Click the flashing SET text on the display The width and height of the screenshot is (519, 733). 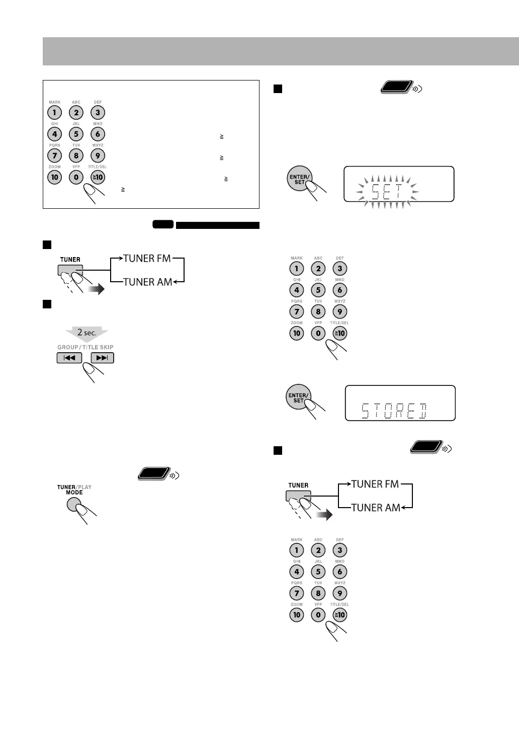tap(386, 192)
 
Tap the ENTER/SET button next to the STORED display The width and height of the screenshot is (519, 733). tap(298, 398)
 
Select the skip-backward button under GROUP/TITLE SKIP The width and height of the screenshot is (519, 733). tap(69, 358)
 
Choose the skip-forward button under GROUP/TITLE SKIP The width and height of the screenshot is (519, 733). tap(102, 358)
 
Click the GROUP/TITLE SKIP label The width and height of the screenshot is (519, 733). tap(85, 347)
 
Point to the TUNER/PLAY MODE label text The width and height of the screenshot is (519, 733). tap(74, 490)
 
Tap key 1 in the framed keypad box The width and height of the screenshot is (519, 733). tap(54, 112)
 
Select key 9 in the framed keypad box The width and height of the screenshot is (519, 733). tap(98, 155)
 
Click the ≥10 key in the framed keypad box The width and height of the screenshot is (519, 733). tap(98, 177)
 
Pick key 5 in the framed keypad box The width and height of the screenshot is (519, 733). tap(76, 134)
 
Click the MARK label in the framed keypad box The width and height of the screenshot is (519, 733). tap(54, 102)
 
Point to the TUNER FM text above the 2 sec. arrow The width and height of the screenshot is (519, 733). tap(146, 258)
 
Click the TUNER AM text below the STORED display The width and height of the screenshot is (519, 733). tap(375, 507)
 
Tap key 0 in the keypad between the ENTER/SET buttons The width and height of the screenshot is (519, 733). tap(318, 333)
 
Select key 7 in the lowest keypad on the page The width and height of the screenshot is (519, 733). tap(297, 593)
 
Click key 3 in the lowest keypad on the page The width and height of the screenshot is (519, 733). tap(340, 550)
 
